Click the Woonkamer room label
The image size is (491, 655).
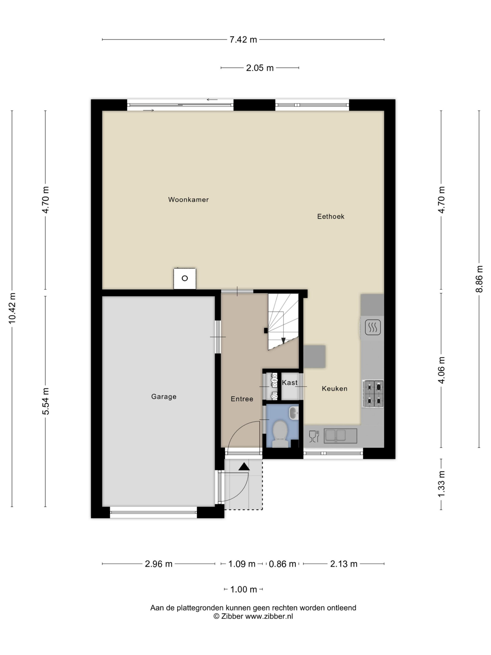tap(188, 200)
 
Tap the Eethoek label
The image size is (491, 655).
tap(331, 216)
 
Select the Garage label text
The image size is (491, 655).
tap(164, 397)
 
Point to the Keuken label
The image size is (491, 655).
tap(334, 388)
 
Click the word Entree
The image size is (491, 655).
tap(242, 399)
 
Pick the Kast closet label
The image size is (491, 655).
tap(289, 383)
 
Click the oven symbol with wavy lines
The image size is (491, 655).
tap(373, 327)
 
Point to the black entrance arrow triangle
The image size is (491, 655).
tap(244, 467)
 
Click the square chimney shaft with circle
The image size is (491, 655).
tap(185, 278)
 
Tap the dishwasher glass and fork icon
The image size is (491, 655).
tap(314, 436)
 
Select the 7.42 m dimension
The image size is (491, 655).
tap(243, 40)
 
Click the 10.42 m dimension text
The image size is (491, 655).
tap(12, 308)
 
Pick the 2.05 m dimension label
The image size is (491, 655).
tap(260, 68)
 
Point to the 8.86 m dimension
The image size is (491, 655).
tap(479, 279)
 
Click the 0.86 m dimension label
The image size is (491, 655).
tap(282, 564)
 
